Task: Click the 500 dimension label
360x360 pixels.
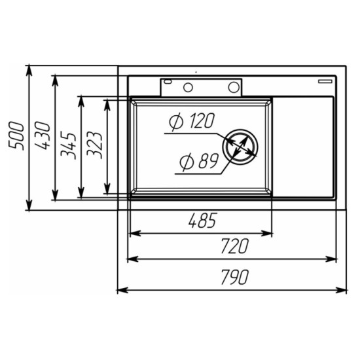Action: [16, 136]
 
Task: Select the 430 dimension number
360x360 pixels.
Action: [43, 136]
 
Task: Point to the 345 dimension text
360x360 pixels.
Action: [68, 146]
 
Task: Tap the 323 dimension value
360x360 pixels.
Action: [94, 145]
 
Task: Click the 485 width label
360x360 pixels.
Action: [202, 221]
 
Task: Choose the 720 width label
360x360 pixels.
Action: [234, 246]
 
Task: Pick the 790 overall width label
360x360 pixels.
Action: [234, 277]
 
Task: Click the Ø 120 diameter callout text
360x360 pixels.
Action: [192, 121]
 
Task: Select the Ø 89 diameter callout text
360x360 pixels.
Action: [199, 162]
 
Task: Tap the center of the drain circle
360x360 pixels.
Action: [240, 147]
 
